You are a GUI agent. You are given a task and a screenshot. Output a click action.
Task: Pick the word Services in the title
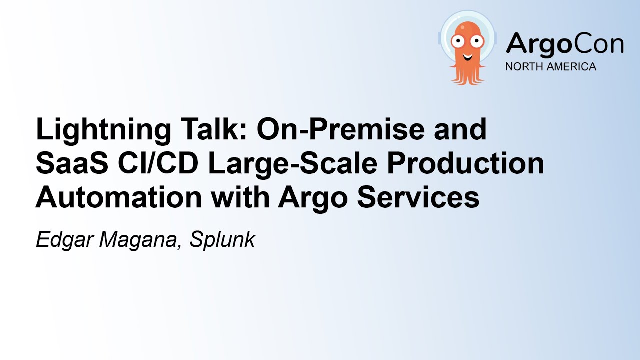click(430, 197)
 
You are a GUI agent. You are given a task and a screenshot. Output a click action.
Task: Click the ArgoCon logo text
click(564, 44)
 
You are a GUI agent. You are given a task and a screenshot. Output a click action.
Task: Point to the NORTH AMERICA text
click(550, 67)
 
